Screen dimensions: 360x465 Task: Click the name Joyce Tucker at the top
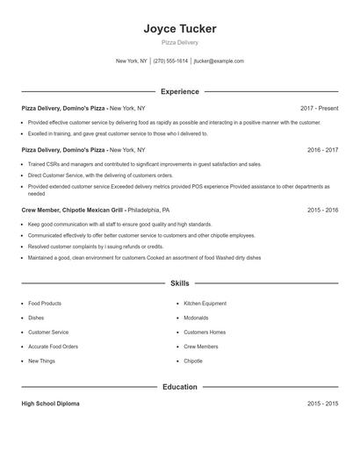click(x=180, y=29)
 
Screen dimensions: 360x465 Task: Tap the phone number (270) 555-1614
click(x=171, y=61)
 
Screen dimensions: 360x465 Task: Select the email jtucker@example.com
click(x=219, y=61)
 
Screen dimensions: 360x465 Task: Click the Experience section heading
click(x=180, y=91)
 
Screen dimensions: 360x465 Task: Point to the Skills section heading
click(x=180, y=283)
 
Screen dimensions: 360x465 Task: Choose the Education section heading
click(x=180, y=386)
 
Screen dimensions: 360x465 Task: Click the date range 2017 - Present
click(x=319, y=108)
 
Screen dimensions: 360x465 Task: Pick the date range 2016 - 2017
click(x=322, y=150)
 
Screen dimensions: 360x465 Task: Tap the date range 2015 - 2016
click(x=322, y=211)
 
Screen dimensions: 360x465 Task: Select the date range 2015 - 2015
click(x=322, y=404)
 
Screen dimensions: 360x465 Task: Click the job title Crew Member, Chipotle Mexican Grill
click(x=73, y=211)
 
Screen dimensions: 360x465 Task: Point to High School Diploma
click(x=50, y=404)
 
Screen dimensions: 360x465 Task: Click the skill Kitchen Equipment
click(x=205, y=304)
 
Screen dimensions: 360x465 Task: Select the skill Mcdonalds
click(x=196, y=318)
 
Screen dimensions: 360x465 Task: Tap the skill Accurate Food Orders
click(x=54, y=347)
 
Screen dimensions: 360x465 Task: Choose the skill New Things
click(x=41, y=361)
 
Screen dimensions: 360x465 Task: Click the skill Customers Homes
click(x=205, y=333)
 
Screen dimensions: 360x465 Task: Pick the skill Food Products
click(x=45, y=304)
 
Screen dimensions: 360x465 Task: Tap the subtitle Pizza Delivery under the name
click(x=180, y=42)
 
